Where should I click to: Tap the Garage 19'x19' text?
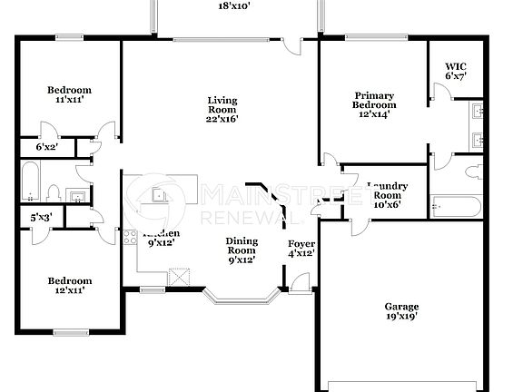pos(400,313)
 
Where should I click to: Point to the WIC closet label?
pos(455,71)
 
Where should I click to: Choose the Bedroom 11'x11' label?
pos(70,94)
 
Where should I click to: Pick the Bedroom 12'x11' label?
pos(70,286)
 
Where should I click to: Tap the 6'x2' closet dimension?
pos(46,146)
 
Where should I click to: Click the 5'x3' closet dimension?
pos(40,217)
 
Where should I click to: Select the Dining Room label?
pos(241,250)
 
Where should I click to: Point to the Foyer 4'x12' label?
pos(301,250)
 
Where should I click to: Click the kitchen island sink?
pos(161,194)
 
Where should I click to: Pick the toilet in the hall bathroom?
pos(54,192)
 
